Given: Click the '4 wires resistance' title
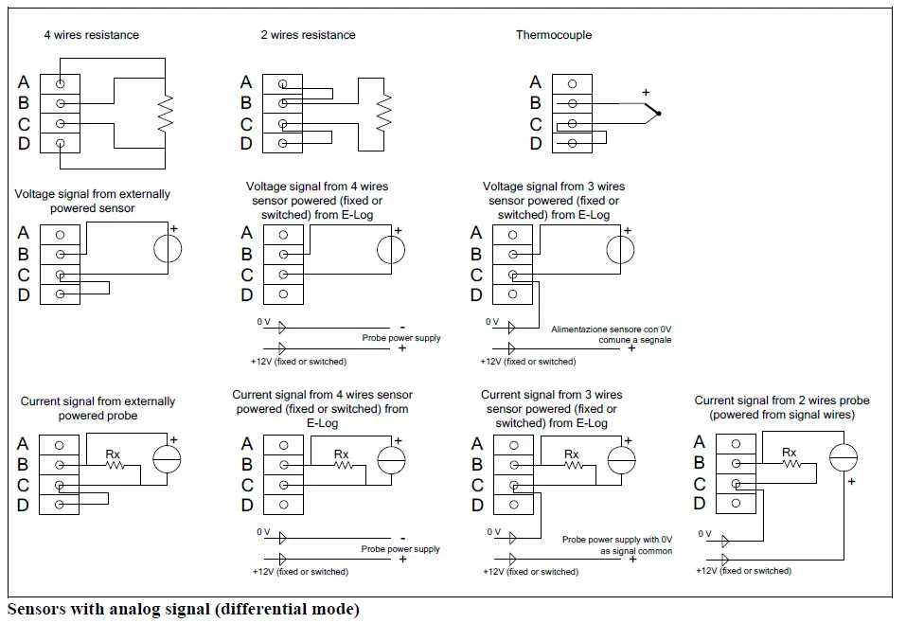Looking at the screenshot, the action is [91, 35].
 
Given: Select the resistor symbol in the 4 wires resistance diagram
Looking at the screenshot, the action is [166, 113].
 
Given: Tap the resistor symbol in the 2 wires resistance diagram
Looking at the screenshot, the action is [383, 113].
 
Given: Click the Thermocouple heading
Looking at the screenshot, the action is [554, 35].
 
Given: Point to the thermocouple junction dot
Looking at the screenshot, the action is [659, 114].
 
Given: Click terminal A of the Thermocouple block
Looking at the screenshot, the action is [572, 84].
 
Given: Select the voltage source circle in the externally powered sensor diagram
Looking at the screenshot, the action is [168, 249].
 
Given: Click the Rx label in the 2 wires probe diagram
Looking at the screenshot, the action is [789, 452].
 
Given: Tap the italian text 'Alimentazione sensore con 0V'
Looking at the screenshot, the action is [611, 329].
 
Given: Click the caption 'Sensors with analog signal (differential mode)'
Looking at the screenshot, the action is [183, 609].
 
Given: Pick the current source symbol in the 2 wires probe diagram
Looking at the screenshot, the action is [843, 458].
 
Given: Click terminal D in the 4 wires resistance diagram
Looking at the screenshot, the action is [60, 143].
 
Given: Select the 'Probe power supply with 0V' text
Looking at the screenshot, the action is [617, 539].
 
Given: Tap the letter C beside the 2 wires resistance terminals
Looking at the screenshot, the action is [246, 124].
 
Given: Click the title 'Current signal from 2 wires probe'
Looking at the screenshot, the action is [782, 400].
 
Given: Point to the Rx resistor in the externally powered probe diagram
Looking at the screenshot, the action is [115, 465].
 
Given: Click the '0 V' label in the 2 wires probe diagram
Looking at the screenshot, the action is [704, 533].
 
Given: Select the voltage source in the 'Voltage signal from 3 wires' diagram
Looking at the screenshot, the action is [620, 250].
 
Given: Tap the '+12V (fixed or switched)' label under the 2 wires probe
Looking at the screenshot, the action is [743, 570].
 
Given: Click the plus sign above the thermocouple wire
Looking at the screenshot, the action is [646, 93].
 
